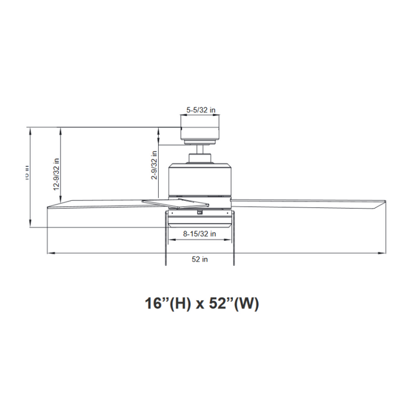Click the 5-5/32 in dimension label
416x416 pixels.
coord(200,110)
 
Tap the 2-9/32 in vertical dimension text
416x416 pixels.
coord(154,166)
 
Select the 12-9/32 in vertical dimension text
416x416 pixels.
coord(56,174)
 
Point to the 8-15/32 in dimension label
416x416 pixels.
coord(199,234)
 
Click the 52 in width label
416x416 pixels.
coord(200,259)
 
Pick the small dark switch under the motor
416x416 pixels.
coord(200,210)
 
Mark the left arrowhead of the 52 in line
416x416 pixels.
coord(49,253)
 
